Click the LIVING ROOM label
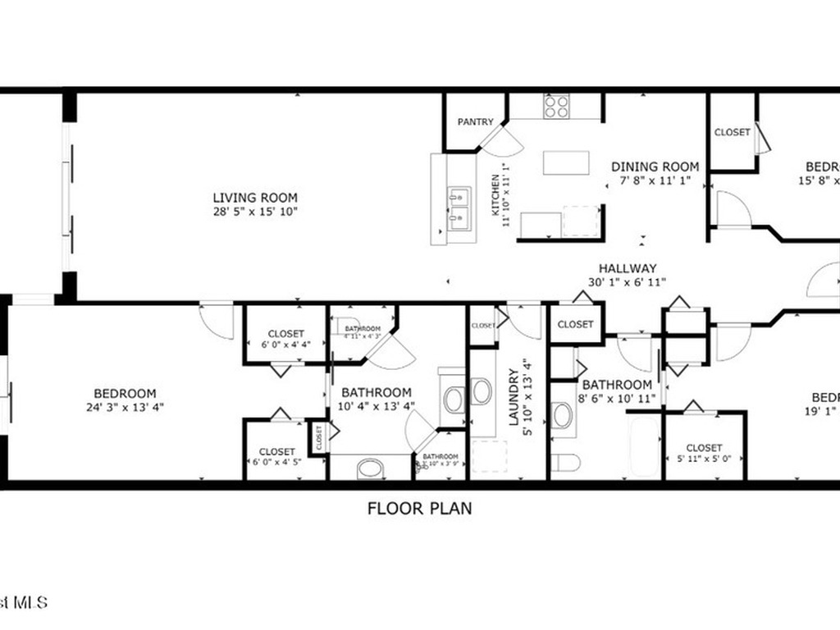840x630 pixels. (x=255, y=198)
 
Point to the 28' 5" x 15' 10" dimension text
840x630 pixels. (x=255, y=212)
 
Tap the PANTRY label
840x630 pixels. (x=476, y=122)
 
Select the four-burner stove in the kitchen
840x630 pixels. (x=557, y=107)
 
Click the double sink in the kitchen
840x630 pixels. (x=459, y=207)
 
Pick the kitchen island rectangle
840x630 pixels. (x=566, y=162)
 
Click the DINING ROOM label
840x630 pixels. (x=655, y=167)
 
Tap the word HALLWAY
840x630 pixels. (x=628, y=268)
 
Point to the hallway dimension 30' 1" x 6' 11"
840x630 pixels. (x=628, y=282)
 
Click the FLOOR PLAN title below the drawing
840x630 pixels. (x=419, y=509)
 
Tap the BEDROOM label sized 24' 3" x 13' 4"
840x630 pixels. (x=125, y=394)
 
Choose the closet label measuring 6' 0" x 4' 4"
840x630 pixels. (x=286, y=334)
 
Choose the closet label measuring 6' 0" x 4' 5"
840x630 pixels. (x=277, y=452)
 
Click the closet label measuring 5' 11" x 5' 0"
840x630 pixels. (x=705, y=448)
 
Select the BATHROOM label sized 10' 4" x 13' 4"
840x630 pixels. (x=377, y=392)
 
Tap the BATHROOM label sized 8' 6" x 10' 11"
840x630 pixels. (x=617, y=385)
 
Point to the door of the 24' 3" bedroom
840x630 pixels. (x=217, y=320)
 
